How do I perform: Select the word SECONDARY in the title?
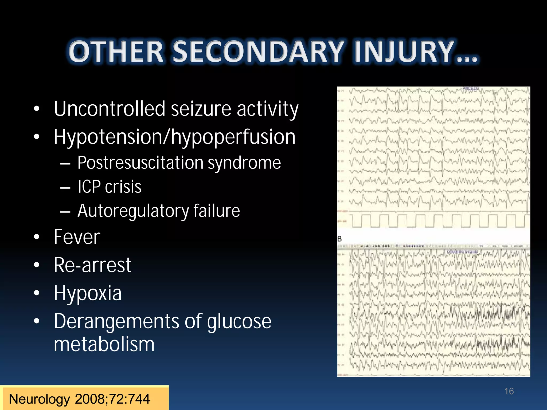point(258,52)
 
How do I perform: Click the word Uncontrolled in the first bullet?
point(110,109)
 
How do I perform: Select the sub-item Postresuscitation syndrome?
point(179,163)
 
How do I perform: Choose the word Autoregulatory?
point(133,211)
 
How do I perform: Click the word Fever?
point(77,237)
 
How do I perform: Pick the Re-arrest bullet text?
point(92,265)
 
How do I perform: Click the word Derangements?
point(116,321)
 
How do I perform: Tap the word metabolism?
point(104,344)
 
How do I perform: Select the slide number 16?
point(509,391)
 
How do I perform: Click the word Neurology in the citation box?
point(39,399)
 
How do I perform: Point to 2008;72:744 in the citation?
point(112,399)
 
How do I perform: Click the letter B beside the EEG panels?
point(339,239)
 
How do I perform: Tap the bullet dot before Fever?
point(37,237)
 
